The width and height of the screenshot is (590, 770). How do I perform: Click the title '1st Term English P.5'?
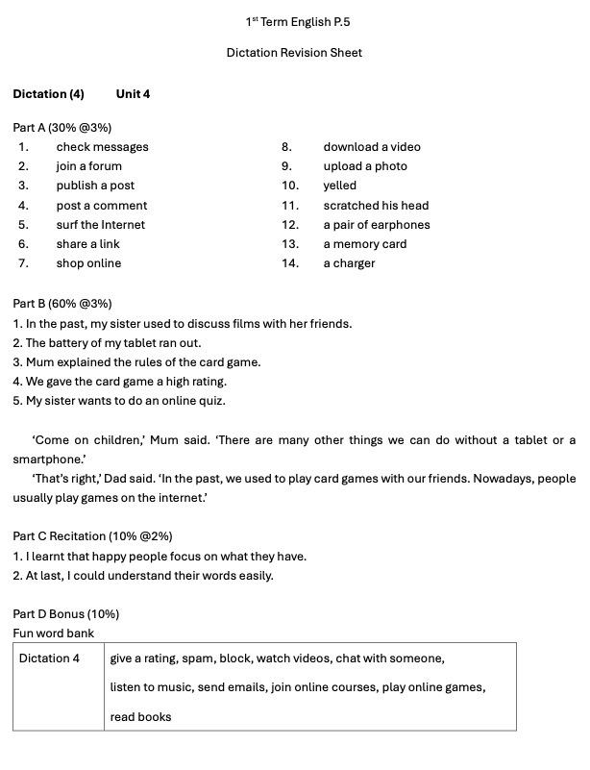[x=294, y=21]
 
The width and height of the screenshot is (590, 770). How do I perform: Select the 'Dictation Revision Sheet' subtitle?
[x=294, y=53]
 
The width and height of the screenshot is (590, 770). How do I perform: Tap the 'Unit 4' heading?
[x=133, y=94]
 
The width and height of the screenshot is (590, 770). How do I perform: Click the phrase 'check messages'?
[x=102, y=147]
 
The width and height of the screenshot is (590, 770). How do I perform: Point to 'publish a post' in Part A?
[x=95, y=186]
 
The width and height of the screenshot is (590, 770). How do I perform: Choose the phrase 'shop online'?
[x=88, y=263]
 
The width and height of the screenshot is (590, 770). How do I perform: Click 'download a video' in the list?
[x=372, y=147]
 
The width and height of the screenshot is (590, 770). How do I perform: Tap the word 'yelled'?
[x=339, y=186]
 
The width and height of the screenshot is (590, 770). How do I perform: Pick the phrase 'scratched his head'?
[x=376, y=206]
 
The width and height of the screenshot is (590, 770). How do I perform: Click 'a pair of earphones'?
[x=377, y=225]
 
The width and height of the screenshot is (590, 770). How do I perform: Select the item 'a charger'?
[x=349, y=263]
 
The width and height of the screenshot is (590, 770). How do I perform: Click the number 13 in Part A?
[x=290, y=244]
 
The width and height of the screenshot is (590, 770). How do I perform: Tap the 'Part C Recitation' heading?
[x=92, y=536]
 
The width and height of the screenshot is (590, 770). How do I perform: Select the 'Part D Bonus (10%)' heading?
[x=65, y=614]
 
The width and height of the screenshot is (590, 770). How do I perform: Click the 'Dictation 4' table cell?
[x=49, y=658]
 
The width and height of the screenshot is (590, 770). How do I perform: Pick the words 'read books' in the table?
[x=140, y=717]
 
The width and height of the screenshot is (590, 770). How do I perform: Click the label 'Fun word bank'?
[x=54, y=633]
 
